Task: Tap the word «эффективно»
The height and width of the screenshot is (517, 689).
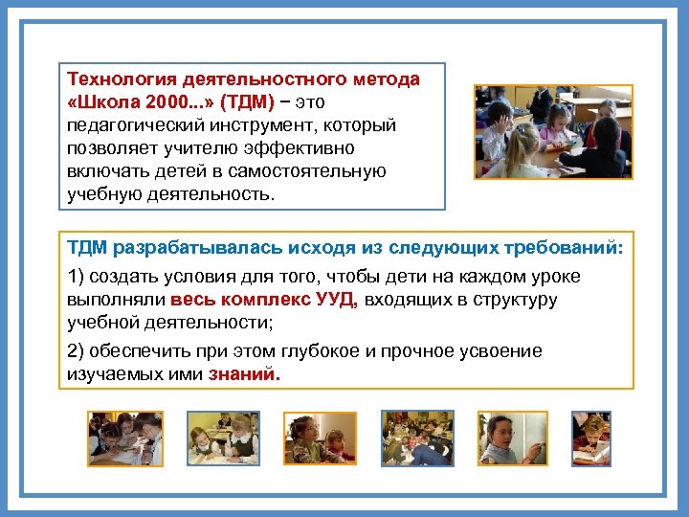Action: click(x=300, y=148)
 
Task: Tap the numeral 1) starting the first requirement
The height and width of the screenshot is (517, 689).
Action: click(x=78, y=277)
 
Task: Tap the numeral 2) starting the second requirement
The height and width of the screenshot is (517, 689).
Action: click(x=78, y=351)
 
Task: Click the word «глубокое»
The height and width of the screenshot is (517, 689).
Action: click(x=313, y=351)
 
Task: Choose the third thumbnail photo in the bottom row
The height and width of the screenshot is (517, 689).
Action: click(x=320, y=438)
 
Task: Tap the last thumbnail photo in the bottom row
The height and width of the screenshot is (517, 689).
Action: click(x=590, y=438)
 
